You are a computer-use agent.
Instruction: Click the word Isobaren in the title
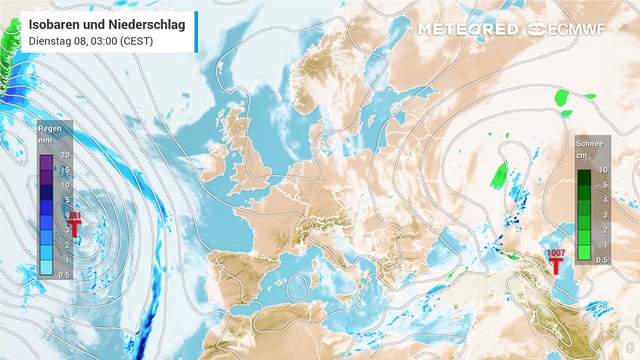tap(56, 22)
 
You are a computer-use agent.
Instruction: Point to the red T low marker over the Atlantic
tap(73, 228)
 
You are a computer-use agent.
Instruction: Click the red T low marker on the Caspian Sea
tap(556, 267)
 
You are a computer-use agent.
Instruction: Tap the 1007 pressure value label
tap(556, 254)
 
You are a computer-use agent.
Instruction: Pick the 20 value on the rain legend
tap(64, 156)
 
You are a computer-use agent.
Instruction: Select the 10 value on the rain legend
tap(64, 185)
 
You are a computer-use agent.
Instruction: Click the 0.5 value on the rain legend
tap(64, 273)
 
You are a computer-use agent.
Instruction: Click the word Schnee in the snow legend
tap(589, 144)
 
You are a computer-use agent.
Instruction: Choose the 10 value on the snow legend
tap(603, 171)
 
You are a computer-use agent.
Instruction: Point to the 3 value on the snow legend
tap(603, 215)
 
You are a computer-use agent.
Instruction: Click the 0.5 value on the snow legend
tap(603, 259)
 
